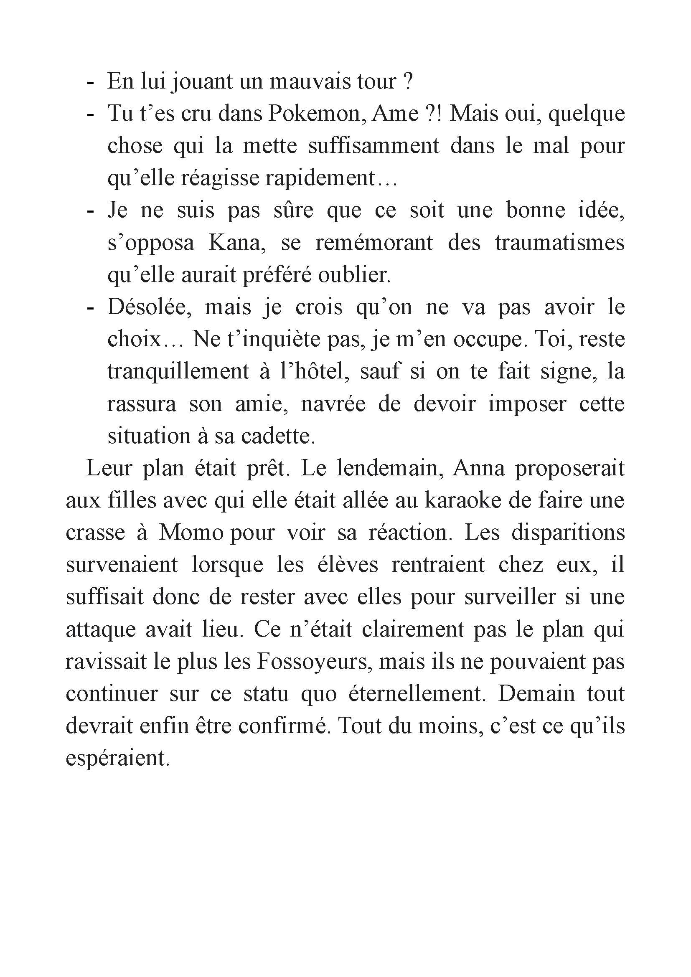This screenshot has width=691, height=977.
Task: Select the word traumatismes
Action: [559, 243]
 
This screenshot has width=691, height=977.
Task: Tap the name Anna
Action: [479, 469]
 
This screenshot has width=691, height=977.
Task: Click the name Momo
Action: [191, 533]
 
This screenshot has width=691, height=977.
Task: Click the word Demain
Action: [536, 695]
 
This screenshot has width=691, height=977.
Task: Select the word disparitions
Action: [568, 533]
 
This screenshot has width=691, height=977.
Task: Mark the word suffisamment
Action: [373, 146]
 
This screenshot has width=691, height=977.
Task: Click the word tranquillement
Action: [178, 371]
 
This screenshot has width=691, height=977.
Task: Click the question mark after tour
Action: [407, 81]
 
